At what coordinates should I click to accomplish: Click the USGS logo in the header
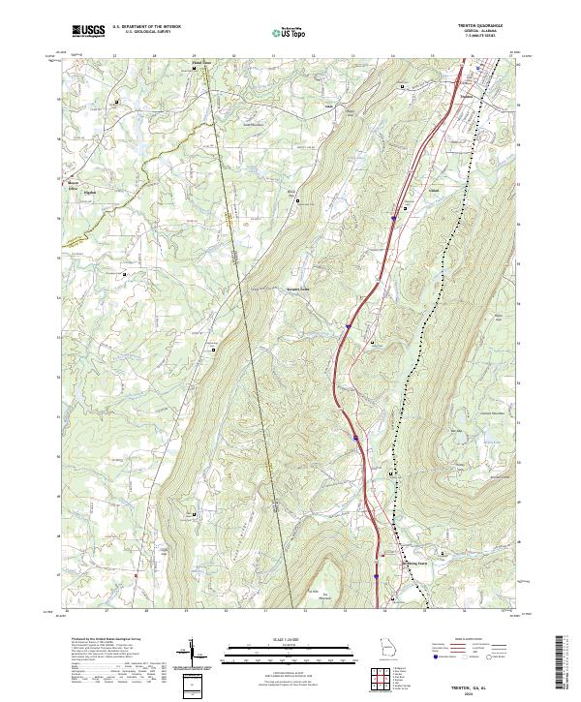click(x=88, y=31)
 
